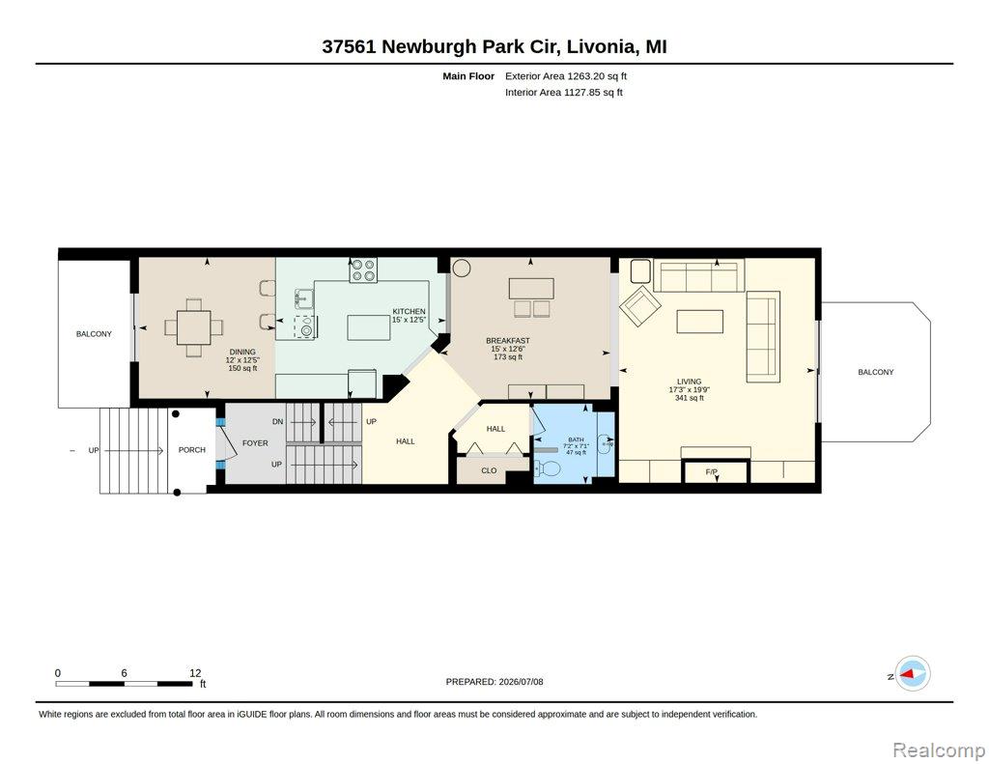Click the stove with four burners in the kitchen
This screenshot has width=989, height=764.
coord(363,270)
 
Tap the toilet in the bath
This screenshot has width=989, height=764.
coord(548,468)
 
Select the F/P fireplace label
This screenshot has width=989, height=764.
coord(712,472)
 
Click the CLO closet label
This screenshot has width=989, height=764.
coord(489,470)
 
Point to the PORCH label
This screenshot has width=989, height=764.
coord(192,450)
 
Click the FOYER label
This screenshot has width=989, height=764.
coord(255,443)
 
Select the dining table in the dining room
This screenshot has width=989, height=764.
coord(193,327)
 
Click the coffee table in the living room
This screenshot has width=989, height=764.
coord(700,321)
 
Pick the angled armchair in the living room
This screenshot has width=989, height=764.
coord(640,306)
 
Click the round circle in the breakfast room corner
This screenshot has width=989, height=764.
coord(461,268)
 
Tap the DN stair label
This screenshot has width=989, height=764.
coord(278,421)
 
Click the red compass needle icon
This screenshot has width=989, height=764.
coord(908,674)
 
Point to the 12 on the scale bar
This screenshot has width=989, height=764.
coord(195,673)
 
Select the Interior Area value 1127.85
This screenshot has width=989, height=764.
coord(582,92)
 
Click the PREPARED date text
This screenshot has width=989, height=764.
coord(494,682)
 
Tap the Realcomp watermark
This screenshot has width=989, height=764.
coord(939,750)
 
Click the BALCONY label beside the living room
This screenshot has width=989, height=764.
coord(875,372)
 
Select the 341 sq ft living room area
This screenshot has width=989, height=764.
coord(690,398)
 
